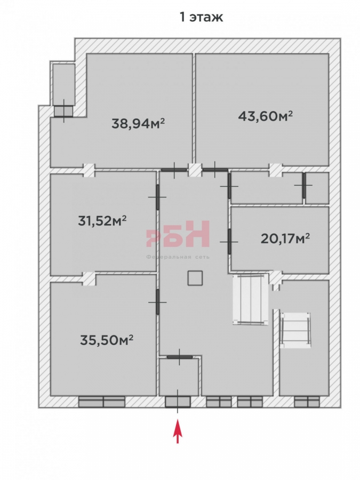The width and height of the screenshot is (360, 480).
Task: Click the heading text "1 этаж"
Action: (201, 17)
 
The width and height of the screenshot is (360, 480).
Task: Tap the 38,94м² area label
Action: (138, 124)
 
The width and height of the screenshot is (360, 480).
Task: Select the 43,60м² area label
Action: (265, 116)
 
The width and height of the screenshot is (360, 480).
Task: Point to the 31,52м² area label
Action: (102, 220)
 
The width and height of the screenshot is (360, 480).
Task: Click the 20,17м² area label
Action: (285, 238)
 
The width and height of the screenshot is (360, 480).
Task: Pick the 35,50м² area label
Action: (107, 340)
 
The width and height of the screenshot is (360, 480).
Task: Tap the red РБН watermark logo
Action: (178, 234)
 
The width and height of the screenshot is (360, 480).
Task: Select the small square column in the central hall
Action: (195, 278)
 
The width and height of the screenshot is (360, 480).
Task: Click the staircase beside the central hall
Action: (251, 299)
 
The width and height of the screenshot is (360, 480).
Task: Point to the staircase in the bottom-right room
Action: (295, 330)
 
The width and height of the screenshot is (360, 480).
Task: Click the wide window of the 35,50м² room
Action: (102, 402)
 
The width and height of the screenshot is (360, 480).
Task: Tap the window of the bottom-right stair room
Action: (307, 402)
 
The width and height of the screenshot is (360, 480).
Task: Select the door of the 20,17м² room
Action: (229, 242)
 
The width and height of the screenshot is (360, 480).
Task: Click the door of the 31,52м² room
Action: (158, 197)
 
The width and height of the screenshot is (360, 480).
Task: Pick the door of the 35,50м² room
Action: (158, 302)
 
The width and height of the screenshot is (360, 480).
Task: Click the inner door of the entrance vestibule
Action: (180, 357)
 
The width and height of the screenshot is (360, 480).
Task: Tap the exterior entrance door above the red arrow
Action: (178, 402)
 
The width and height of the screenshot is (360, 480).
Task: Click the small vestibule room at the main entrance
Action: (179, 377)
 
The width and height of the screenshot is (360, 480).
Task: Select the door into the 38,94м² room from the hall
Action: (174, 170)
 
